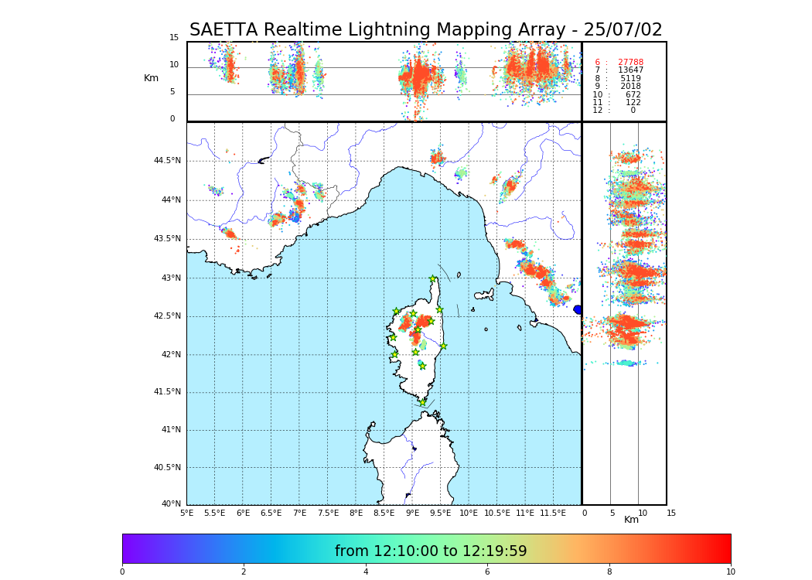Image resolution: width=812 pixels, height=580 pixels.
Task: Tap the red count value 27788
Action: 630,63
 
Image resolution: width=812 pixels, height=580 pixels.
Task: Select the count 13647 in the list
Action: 630,70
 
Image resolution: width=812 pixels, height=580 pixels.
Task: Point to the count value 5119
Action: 630,79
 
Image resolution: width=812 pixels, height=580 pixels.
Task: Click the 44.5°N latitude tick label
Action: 167,161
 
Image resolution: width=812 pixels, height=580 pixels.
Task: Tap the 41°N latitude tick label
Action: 170,430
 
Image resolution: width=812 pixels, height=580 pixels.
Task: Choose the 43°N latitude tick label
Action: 170,278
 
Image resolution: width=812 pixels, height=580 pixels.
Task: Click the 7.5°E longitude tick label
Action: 328,513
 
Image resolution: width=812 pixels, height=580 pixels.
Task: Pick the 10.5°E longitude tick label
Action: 497,513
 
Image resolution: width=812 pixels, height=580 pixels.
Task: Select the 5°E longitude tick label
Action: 187,513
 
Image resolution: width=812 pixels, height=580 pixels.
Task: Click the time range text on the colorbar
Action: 431,551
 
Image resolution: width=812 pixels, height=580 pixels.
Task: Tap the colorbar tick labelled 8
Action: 609,572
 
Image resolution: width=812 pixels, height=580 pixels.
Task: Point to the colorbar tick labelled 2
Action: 244,572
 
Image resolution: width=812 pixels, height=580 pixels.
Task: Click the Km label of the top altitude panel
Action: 151,78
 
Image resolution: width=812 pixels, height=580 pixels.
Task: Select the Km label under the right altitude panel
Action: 632,520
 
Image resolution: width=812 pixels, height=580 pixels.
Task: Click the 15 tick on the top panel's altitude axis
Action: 174,38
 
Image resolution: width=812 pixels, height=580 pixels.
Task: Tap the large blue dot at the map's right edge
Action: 578,309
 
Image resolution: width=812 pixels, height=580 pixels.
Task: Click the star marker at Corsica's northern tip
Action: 433,279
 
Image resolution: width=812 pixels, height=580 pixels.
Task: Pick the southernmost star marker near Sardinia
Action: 422,402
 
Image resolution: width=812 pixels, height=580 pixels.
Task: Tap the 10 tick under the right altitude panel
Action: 642,513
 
